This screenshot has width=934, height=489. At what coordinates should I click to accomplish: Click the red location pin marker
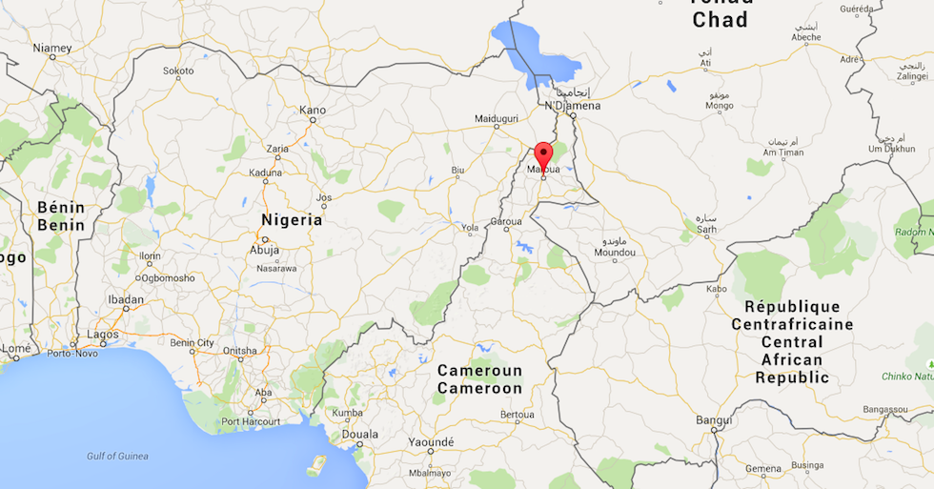click(x=543, y=155)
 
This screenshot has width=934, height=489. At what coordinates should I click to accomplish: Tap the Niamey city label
click(x=52, y=47)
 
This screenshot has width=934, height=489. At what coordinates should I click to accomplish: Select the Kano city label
click(x=313, y=110)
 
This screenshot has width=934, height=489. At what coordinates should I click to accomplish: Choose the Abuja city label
click(x=264, y=250)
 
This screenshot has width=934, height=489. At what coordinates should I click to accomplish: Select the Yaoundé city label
click(x=431, y=441)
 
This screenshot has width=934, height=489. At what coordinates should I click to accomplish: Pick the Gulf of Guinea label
click(x=117, y=456)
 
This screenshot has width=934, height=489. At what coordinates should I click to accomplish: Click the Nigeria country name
click(x=292, y=219)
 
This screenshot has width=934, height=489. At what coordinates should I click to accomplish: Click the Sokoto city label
click(x=178, y=71)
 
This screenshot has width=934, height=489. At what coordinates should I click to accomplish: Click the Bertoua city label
click(x=518, y=415)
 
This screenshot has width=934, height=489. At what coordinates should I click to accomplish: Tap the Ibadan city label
click(x=126, y=299)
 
